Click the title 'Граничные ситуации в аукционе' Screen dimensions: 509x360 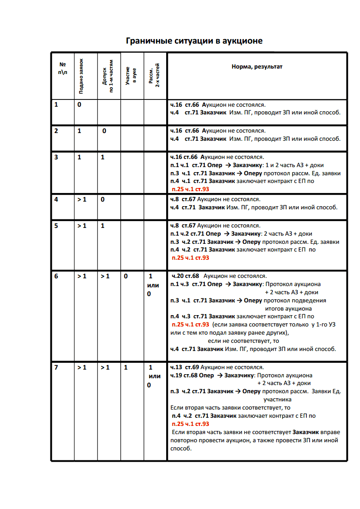(x=194, y=41)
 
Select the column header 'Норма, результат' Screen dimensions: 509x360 (x=257, y=66)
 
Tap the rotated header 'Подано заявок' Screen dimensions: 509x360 (x=81, y=75)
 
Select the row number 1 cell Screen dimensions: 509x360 (x=56, y=105)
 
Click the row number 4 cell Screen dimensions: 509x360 (x=56, y=199)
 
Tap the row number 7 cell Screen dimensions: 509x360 (x=56, y=367)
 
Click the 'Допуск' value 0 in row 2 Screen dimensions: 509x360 (x=104, y=131)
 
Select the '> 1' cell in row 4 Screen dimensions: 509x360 (x=82, y=199)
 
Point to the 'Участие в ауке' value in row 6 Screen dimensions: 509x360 (x=126, y=276)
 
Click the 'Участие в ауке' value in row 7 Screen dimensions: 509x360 (x=126, y=367)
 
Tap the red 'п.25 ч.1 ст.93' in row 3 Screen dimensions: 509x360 (x=190, y=189)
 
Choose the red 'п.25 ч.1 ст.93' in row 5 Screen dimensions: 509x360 (x=190, y=257)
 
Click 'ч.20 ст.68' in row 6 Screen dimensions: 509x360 (x=185, y=276)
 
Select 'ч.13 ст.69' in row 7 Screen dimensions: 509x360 (x=184, y=367)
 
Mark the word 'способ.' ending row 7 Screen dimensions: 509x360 (x=181, y=448)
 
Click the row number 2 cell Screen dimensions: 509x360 (x=56, y=131)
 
